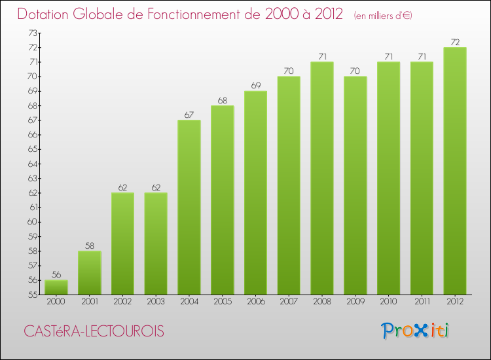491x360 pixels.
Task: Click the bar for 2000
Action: [x=56, y=287]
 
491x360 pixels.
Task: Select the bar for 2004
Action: [x=189, y=207]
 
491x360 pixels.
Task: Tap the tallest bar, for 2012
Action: [x=455, y=171]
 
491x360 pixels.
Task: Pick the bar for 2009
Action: [x=355, y=185]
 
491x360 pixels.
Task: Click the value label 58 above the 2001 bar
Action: [x=90, y=245]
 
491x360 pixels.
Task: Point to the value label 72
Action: [x=455, y=42]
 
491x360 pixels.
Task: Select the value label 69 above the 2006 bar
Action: [x=255, y=86]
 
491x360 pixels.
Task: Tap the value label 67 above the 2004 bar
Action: [x=189, y=115]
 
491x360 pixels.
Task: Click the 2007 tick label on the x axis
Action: [x=289, y=302]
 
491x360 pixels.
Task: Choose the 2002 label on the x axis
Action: [x=122, y=302]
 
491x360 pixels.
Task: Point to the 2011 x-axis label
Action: [x=422, y=302]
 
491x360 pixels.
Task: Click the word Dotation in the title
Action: [x=45, y=14]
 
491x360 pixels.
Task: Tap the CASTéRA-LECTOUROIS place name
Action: [x=94, y=332]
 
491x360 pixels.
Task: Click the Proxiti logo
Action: [x=416, y=331]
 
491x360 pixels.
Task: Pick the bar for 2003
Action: [x=156, y=243]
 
